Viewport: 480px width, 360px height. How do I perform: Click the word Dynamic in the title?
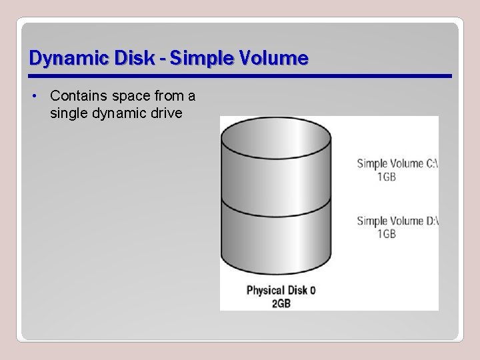[60, 59]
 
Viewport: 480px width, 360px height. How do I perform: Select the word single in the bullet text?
[67, 113]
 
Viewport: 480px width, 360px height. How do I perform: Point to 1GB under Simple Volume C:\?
[387, 177]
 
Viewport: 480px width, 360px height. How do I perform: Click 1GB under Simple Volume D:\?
[387, 234]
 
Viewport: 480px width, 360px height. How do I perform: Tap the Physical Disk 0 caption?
[281, 290]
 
